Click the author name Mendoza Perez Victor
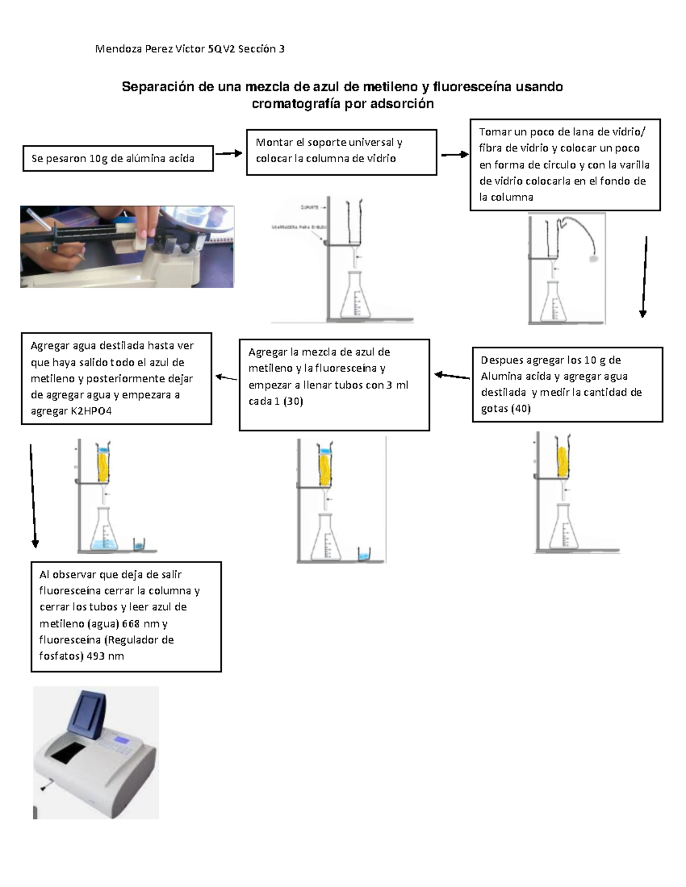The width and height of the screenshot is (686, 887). click(x=150, y=49)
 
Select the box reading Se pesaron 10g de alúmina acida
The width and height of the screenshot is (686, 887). click(x=118, y=158)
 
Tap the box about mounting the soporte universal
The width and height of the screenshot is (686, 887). click(x=341, y=151)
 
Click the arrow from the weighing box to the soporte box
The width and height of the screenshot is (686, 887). click(x=229, y=153)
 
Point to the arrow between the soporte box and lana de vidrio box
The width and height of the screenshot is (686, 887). click(x=454, y=154)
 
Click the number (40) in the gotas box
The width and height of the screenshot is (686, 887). click(x=521, y=408)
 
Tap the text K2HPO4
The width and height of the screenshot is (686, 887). click(x=91, y=411)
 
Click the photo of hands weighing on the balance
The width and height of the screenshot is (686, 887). click(x=127, y=246)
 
